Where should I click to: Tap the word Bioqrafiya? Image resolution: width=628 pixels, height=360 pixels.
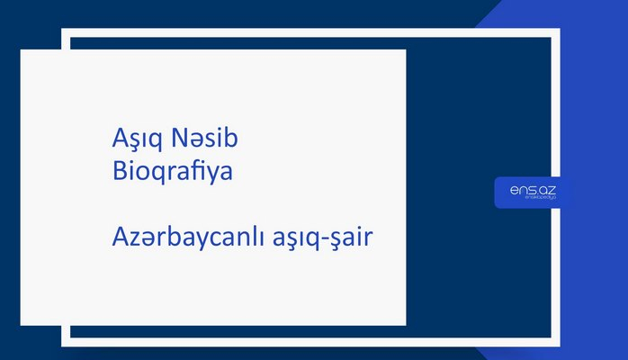pyautogui.click(x=168, y=170)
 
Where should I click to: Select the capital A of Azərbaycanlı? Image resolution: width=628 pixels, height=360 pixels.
pyautogui.click(x=111, y=239)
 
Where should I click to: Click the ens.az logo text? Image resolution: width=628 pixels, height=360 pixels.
pyautogui.click(x=527, y=190)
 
